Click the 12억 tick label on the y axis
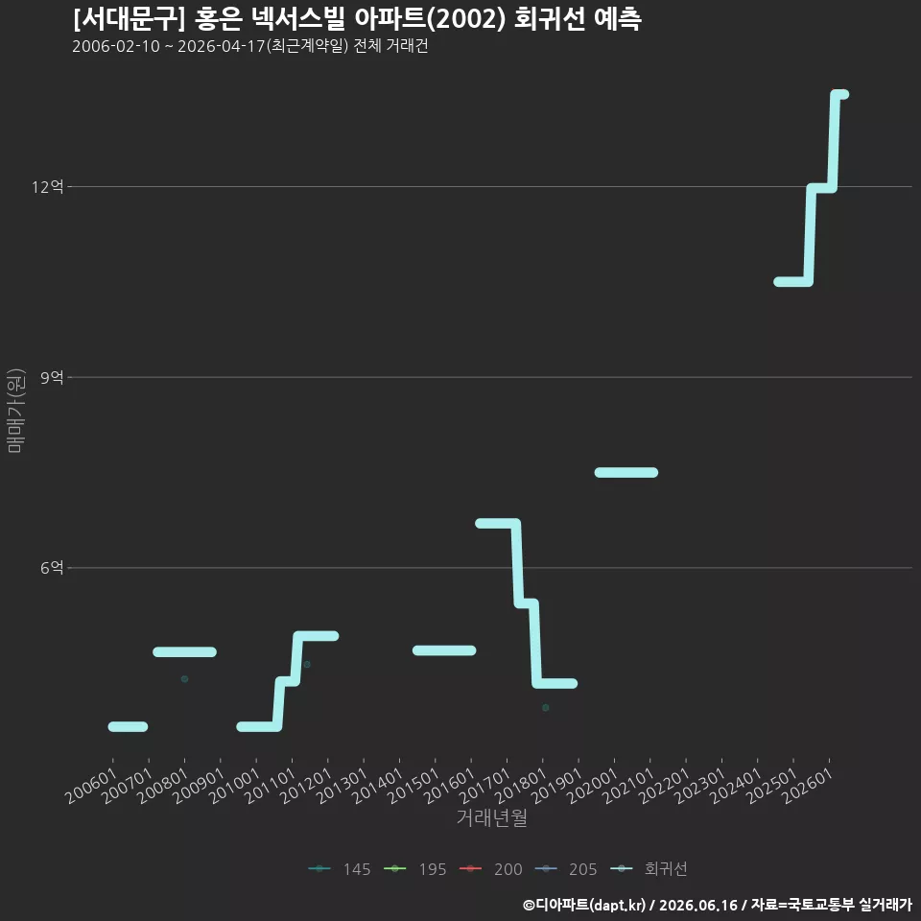point(48,187)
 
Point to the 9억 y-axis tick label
point(52,377)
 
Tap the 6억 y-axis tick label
point(52,567)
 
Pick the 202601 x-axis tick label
point(808,786)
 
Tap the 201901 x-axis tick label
point(556,786)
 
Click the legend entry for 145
point(340,869)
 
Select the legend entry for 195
point(414,869)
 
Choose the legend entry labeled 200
point(490,869)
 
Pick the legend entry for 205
point(566,869)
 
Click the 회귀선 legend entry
point(649,869)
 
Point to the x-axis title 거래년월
point(491,817)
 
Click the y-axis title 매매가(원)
point(15,411)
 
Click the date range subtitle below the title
point(250,46)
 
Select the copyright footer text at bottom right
point(718,905)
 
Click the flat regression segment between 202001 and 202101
point(626,472)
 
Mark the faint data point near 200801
point(184,679)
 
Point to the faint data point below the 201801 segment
point(546,708)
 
